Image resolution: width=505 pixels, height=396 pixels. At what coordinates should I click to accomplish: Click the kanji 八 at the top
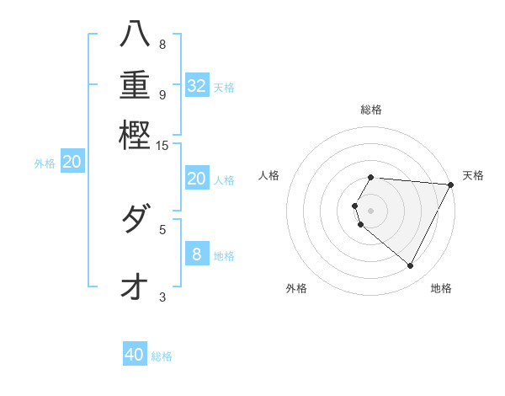point(135,35)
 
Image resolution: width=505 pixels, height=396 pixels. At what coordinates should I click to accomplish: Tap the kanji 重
point(135,84)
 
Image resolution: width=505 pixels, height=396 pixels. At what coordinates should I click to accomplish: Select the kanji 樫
point(135,135)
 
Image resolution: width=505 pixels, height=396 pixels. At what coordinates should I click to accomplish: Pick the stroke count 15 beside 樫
point(162,146)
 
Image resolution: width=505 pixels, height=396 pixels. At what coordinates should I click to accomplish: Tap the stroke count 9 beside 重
point(162,94)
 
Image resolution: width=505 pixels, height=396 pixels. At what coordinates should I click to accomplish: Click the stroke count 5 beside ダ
point(162,228)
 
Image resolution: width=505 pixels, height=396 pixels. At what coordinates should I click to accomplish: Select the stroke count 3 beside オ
point(162,297)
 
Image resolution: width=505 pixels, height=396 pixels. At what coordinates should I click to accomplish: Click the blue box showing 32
point(197,86)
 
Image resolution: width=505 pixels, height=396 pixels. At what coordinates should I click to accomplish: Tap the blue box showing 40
point(135,355)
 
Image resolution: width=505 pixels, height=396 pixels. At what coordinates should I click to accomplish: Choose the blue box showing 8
point(197,254)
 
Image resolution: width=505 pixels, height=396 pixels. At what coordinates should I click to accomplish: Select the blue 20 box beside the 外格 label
point(72,163)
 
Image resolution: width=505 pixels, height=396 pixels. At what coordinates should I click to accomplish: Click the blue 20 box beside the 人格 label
point(197,179)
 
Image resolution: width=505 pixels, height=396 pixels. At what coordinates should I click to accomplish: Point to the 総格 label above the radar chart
point(371,110)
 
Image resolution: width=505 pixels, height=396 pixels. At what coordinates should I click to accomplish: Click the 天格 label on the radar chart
point(474,175)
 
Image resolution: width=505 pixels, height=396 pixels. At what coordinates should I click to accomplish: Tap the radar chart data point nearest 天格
point(450,185)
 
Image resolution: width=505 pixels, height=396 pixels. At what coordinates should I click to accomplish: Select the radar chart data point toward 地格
point(411,266)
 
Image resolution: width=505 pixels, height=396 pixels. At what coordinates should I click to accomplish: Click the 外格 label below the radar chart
point(296,288)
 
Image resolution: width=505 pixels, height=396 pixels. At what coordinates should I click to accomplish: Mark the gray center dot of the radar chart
point(371,210)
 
